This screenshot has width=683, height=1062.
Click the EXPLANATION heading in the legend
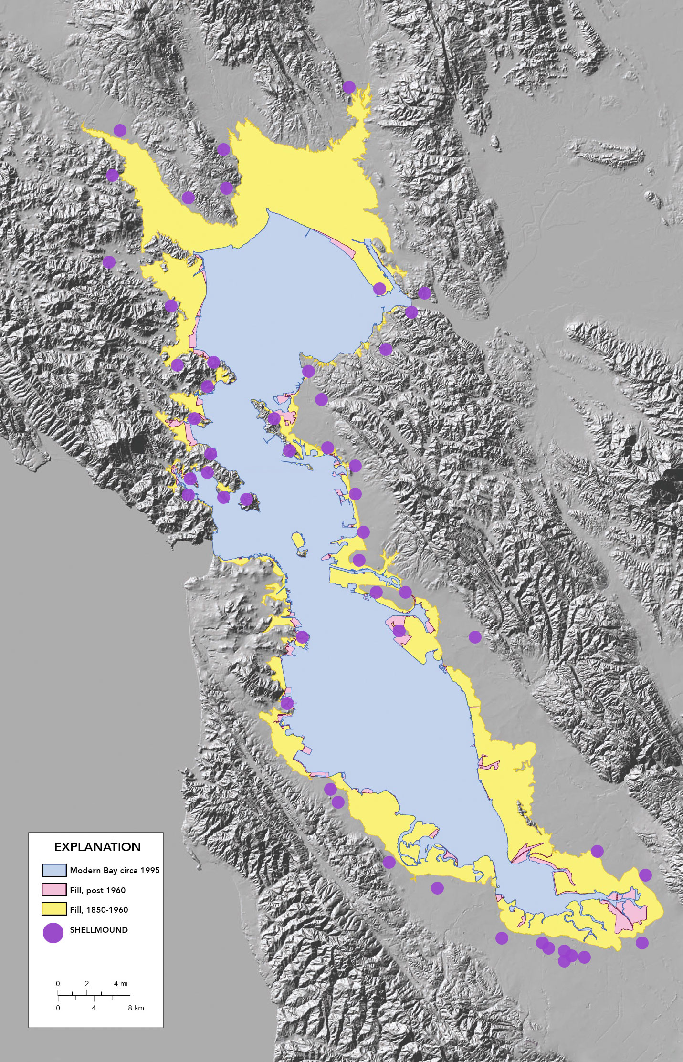click(97, 847)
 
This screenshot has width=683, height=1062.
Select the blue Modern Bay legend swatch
click(54, 870)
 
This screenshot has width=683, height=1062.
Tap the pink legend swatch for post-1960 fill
click(54, 890)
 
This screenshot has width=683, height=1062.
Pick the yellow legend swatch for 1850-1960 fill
click(54, 909)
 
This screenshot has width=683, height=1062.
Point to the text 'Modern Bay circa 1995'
click(115, 870)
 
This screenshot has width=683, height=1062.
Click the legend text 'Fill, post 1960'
click(97, 890)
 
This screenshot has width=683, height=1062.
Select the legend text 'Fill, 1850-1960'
click(99, 910)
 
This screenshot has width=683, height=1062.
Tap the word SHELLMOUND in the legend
click(99, 930)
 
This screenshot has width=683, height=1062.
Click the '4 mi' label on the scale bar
click(120, 984)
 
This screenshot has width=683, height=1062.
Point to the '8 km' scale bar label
click(136, 1008)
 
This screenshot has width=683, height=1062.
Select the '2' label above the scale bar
click(87, 984)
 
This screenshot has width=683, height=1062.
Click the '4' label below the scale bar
click(94, 1008)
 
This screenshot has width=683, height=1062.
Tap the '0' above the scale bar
click(58, 984)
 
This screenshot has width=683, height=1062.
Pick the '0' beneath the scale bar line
click(58, 1008)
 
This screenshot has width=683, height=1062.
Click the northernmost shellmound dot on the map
click(349, 87)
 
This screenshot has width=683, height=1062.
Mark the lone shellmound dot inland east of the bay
click(474, 637)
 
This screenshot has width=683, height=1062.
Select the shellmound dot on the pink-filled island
click(399, 631)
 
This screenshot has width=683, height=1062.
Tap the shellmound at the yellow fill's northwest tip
click(120, 130)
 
